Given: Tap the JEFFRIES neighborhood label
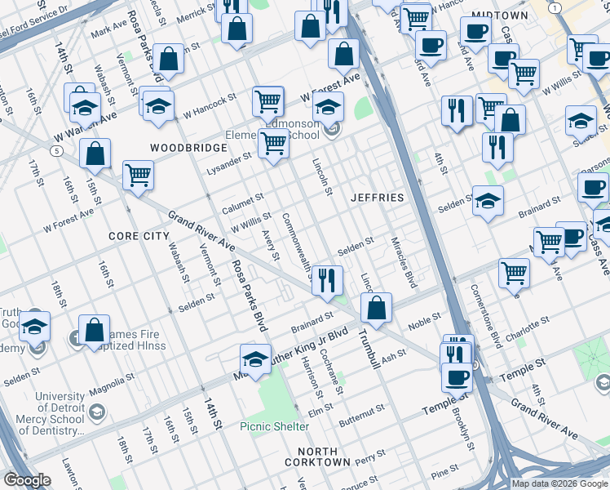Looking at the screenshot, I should coord(377,198).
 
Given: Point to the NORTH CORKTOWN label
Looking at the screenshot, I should coord(317,457).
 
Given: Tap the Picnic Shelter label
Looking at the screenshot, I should coord(274,426).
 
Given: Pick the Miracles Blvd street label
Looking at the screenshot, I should coord(413,264).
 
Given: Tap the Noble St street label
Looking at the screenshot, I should coord(424,321).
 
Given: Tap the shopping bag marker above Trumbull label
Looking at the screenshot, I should coord(376,309).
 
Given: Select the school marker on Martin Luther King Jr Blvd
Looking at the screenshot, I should coord(255,360).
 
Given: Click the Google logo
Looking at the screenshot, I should coord(27,480).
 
